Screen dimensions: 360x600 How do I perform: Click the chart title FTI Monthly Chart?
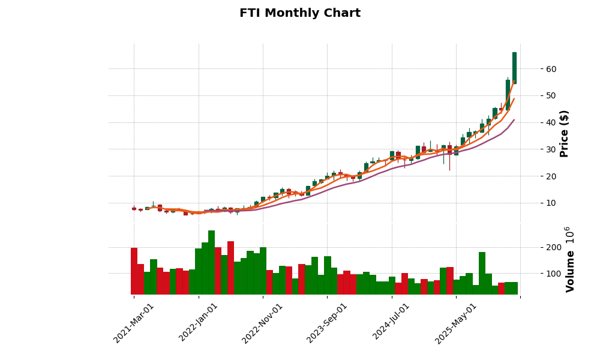(x=300, y=13)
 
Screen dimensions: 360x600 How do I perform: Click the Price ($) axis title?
(x=564, y=133)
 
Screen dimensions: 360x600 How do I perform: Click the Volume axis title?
(x=570, y=259)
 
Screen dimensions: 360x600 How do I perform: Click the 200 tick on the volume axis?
(x=537, y=247)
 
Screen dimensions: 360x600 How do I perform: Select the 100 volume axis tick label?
(x=537, y=274)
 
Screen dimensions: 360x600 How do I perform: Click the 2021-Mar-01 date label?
(x=134, y=323)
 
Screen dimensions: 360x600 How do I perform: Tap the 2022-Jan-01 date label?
(x=199, y=323)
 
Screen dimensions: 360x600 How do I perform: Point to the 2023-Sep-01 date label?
(x=327, y=323)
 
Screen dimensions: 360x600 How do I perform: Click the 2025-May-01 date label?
(x=456, y=323)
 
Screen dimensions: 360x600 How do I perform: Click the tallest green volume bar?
(x=211, y=262)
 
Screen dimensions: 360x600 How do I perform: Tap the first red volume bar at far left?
(x=134, y=271)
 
